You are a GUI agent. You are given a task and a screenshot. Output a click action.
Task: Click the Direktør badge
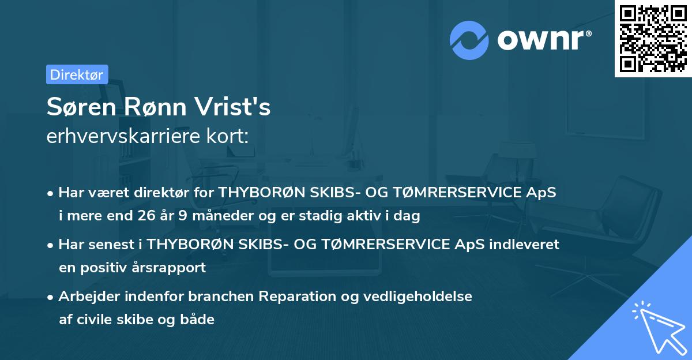77,74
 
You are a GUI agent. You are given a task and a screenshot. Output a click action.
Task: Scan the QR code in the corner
653,39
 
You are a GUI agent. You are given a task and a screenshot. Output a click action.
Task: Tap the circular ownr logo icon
469,40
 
